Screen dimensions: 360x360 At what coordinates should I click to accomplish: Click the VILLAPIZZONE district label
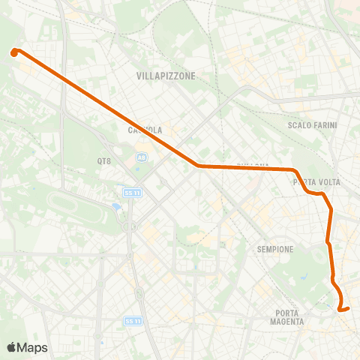pos(166,76)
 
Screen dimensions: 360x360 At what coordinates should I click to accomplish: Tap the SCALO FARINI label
pos(313,125)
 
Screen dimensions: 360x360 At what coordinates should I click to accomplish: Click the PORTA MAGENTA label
pos(287,317)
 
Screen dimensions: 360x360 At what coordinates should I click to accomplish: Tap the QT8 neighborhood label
pos(103,160)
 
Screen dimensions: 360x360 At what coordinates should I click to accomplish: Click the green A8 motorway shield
pos(141,157)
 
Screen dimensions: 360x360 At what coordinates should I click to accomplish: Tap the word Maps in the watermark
pos(33,347)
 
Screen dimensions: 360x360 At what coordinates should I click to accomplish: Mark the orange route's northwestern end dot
pos(14,52)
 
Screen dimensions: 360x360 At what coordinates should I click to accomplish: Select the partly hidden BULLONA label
pos(253,165)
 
